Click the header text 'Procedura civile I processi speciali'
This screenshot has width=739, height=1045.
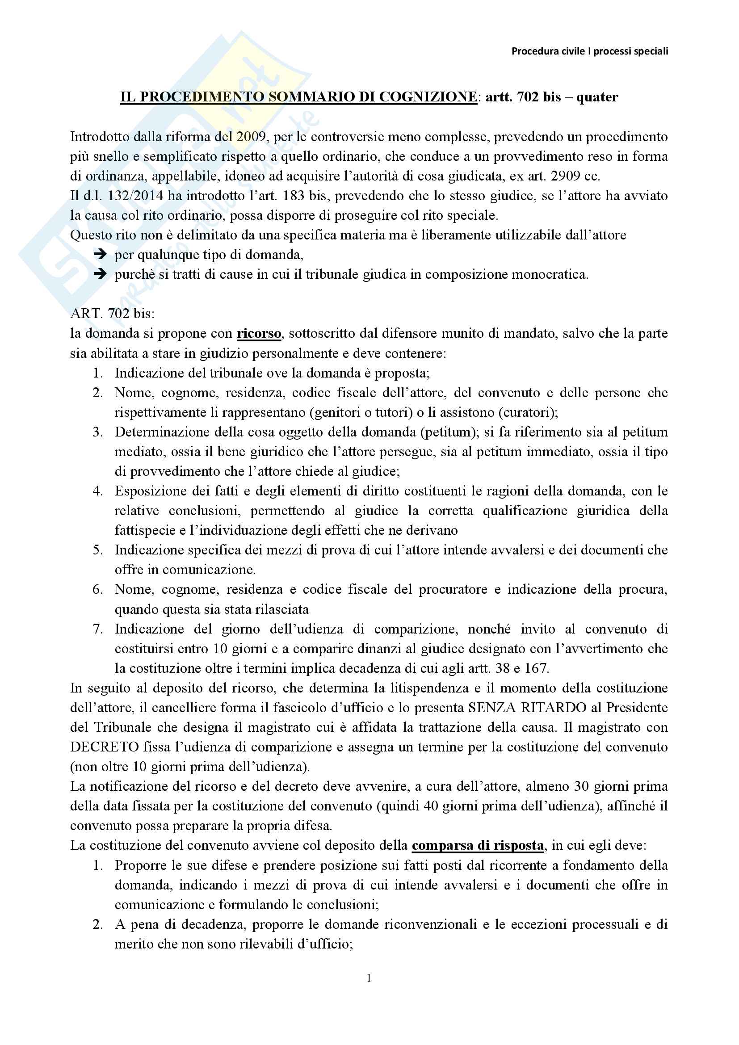point(589,51)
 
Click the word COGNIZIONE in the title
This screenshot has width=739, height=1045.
point(428,97)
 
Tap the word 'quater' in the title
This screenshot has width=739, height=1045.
point(597,97)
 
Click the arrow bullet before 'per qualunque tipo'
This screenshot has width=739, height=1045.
point(100,254)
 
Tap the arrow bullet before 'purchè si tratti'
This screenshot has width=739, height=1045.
point(100,274)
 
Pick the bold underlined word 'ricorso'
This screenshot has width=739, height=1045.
point(258,334)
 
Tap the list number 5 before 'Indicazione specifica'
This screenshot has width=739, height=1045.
point(98,550)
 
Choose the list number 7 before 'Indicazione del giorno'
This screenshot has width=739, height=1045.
point(98,629)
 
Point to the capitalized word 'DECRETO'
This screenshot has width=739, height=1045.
point(104,747)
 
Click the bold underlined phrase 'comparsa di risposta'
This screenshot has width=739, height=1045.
point(477,845)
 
